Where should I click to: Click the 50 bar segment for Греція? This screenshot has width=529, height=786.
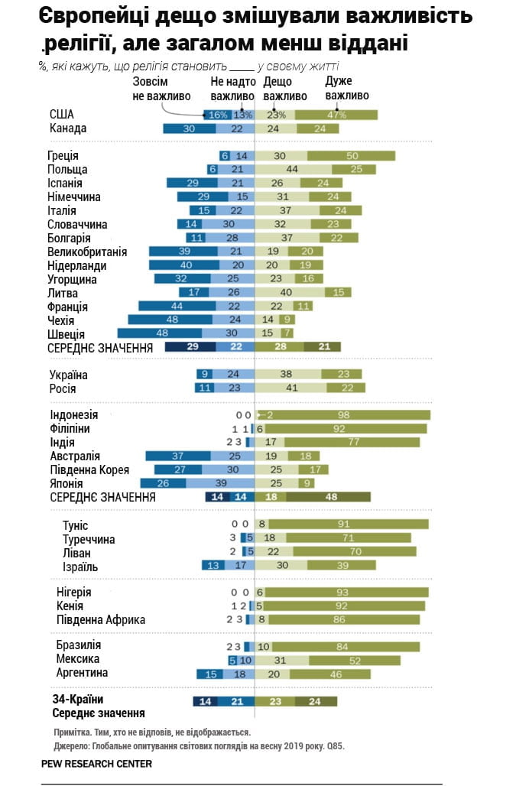[351, 156]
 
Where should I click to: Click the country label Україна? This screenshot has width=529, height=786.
[68, 375]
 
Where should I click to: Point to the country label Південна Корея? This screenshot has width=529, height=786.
[89, 469]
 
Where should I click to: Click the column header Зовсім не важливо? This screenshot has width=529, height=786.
[155, 89]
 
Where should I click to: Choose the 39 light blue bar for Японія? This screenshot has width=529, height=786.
[220, 483]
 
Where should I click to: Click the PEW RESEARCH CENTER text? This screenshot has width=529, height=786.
[97, 763]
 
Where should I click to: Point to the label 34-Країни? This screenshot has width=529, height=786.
[77, 700]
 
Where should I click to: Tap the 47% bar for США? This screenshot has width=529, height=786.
[336, 115]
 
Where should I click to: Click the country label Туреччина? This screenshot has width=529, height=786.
[89, 539]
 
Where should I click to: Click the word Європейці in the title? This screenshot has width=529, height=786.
[90, 17]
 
